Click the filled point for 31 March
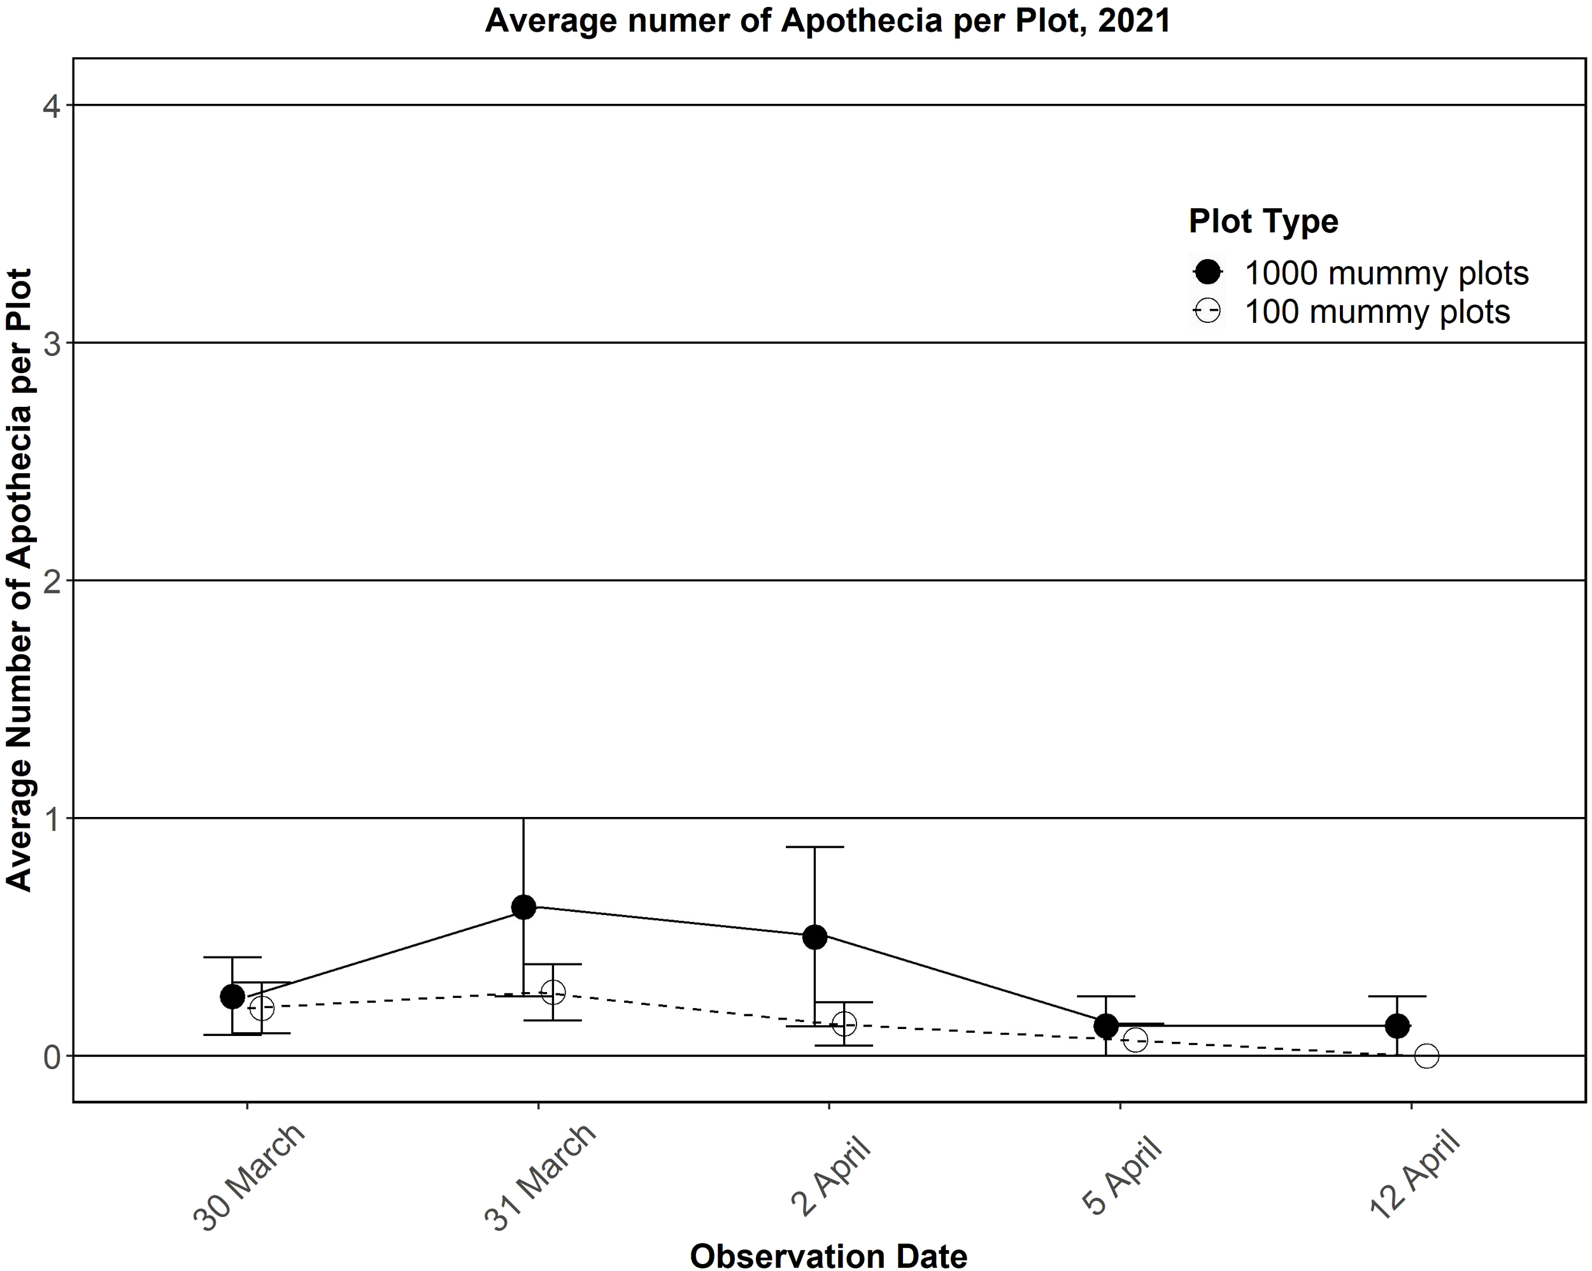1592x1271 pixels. coord(523,907)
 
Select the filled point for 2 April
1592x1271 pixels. coord(814,937)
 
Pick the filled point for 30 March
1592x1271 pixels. coord(232,997)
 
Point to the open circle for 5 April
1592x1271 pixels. coord(1135,1040)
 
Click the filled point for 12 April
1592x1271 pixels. coord(1397,1026)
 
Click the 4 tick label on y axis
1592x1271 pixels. coord(51,107)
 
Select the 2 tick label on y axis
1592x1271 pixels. coord(51,582)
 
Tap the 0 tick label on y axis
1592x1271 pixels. coord(51,1058)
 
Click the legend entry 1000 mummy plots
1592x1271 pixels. coord(1386,273)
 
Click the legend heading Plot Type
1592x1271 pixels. coord(1263,221)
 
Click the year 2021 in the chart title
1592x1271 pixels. coord(1134,20)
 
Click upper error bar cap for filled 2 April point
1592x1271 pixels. coord(814,847)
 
